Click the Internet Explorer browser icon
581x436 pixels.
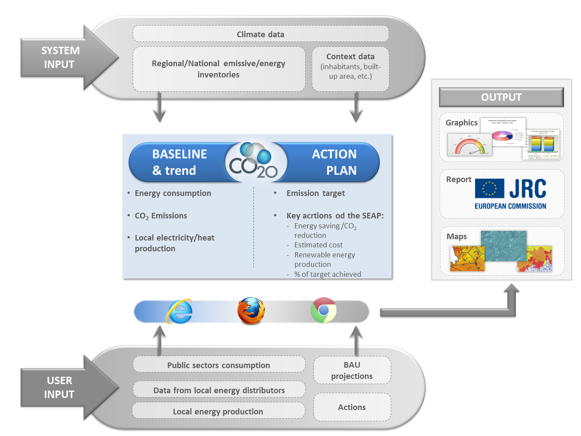(179, 311)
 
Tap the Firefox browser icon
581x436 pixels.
(251, 311)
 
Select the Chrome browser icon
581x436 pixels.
(323, 310)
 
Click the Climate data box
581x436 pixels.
(261, 34)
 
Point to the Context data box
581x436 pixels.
(351, 68)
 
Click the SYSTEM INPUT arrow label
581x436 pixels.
(60, 58)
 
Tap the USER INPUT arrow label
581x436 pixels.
(60, 387)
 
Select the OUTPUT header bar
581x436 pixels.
(501, 97)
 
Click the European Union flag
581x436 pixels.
(489, 189)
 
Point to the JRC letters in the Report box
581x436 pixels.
(527, 189)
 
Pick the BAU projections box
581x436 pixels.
(352, 370)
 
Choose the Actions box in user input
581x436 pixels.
(352, 407)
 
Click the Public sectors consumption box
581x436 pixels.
(219, 365)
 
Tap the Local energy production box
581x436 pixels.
(218, 411)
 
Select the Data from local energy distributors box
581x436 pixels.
(219, 390)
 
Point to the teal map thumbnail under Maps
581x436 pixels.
(504, 246)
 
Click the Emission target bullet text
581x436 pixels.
(316, 193)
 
